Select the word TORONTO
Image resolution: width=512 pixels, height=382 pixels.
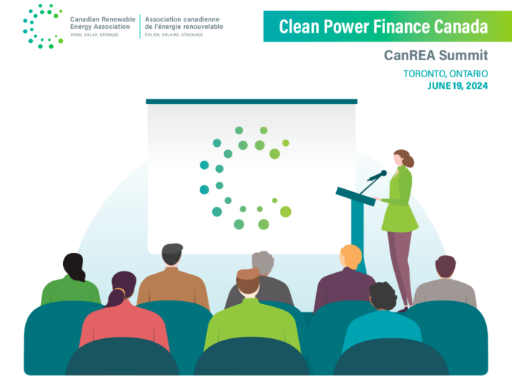click(x=425, y=73)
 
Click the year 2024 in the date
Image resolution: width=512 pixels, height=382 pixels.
click(x=476, y=86)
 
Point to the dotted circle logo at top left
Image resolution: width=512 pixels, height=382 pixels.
click(x=43, y=26)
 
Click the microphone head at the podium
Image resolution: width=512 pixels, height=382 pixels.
click(x=384, y=173)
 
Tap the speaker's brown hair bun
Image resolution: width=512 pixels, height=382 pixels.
click(x=409, y=161)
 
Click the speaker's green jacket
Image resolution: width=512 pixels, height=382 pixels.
click(x=399, y=200)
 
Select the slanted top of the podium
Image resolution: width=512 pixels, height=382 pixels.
click(x=355, y=197)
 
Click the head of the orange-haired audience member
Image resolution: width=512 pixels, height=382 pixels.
click(x=351, y=257)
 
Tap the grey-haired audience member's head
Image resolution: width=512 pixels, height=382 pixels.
click(x=263, y=263)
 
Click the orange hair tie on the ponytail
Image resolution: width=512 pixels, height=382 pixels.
click(x=119, y=290)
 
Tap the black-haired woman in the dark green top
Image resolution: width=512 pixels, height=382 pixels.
click(x=72, y=281)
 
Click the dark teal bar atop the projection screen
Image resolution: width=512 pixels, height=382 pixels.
click(x=252, y=102)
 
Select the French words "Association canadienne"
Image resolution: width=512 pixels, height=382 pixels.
click(x=183, y=19)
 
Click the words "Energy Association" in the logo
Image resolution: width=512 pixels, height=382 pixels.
click(x=100, y=27)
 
